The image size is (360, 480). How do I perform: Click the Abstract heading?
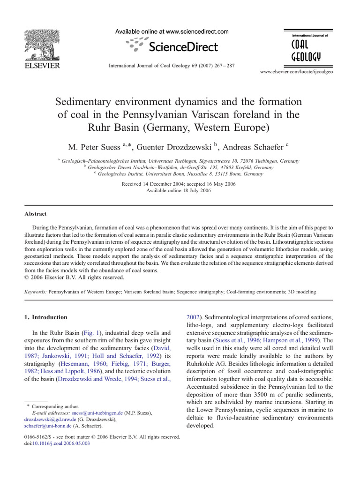tap(36, 214)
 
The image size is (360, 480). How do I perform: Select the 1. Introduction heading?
tap(46, 317)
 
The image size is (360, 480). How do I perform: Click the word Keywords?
tap(35, 292)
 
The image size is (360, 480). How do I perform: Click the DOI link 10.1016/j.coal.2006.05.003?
tap(59, 443)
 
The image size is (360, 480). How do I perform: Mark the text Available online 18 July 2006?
tap(179, 191)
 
